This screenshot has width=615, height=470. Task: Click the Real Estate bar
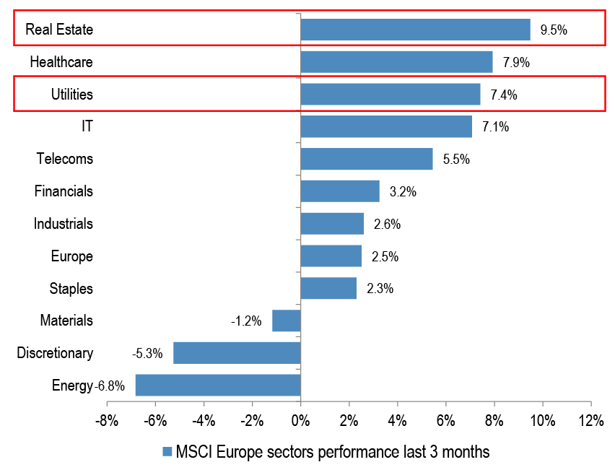coord(415,30)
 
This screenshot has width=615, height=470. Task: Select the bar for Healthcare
coord(396,62)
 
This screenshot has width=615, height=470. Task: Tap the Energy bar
coord(218,386)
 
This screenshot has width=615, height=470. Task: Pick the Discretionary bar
coord(237,353)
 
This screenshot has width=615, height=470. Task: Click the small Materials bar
coord(287,321)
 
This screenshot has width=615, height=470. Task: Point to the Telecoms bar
coord(367,159)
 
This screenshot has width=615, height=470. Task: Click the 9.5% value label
coord(554,30)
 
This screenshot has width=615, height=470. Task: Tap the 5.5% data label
coord(456,160)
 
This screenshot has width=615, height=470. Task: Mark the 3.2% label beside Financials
coord(403,192)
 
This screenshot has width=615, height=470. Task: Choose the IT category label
coord(87,126)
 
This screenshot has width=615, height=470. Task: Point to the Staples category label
coord(71,289)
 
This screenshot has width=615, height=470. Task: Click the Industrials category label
coord(63,224)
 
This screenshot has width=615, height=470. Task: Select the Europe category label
coord(71,256)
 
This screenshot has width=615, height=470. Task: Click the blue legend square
coord(167,453)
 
